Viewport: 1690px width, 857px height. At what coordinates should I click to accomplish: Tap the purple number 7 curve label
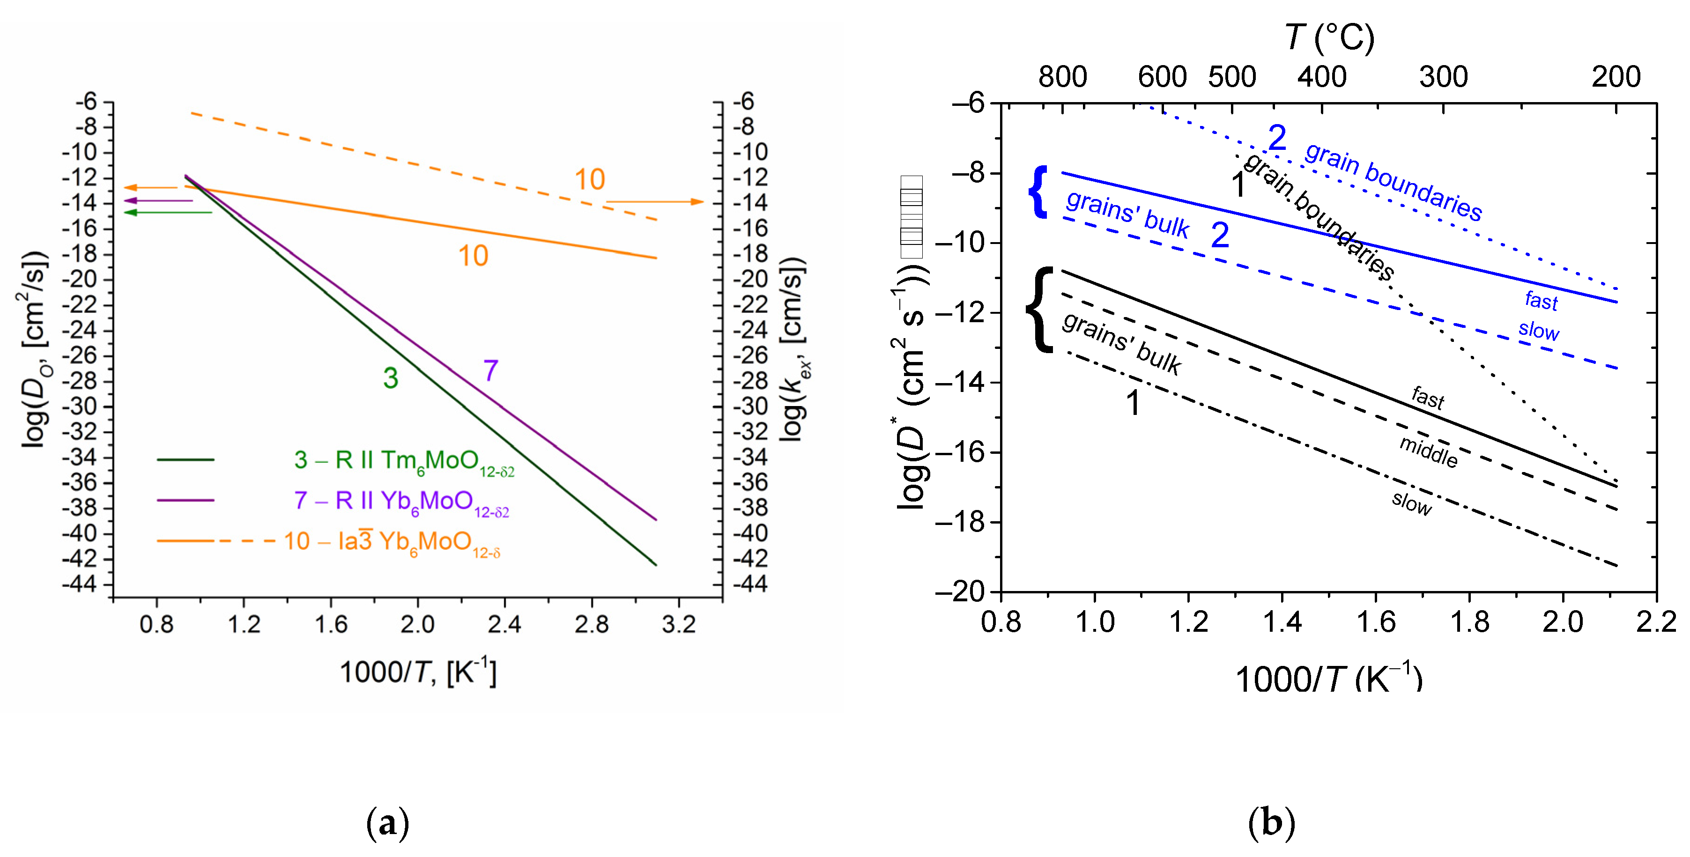[x=491, y=371]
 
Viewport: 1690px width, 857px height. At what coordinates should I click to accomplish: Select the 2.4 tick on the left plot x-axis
[x=504, y=624]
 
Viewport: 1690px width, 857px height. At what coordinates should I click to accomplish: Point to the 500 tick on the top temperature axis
[x=1231, y=77]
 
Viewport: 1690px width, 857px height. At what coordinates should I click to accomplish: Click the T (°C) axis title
[x=1329, y=37]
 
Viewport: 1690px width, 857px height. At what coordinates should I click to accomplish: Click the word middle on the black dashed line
[x=1428, y=452]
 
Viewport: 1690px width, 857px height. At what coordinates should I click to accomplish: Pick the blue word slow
[x=1538, y=330]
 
